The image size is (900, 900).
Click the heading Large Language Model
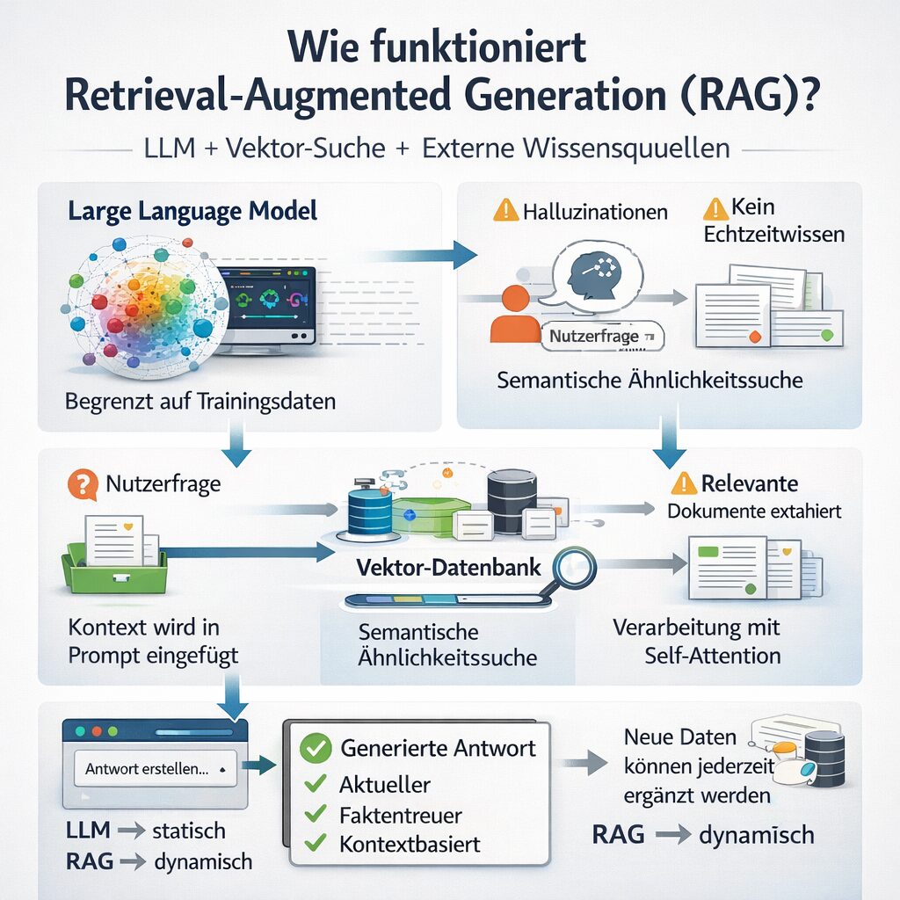click(192, 212)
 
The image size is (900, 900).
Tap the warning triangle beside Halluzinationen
click(506, 211)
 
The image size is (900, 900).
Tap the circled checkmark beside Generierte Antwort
click(314, 749)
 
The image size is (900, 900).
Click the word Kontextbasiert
click(410, 845)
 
